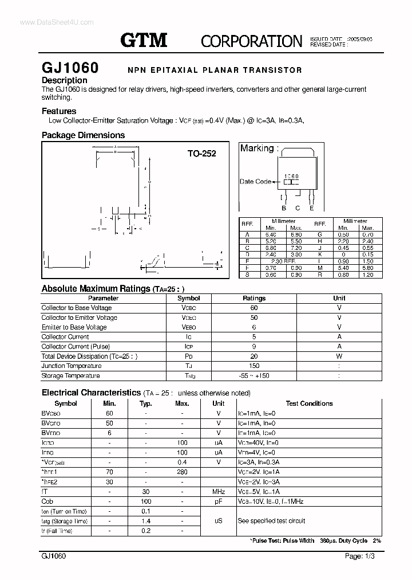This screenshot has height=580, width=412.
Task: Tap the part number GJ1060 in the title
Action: coord(70,68)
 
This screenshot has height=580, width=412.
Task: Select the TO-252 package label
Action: coord(201,154)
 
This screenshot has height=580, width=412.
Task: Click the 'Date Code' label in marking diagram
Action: coord(255,182)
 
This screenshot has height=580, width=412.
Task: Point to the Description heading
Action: coord(64,80)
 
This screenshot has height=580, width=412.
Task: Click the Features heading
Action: coord(58,111)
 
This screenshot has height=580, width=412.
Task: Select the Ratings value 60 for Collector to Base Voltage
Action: coord(254,308)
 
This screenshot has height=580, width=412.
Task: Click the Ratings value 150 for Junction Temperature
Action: coord(254,366)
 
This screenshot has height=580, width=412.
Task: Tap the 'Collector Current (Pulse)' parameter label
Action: coord(76,346)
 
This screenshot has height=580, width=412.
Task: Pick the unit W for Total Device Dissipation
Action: coord(339,356)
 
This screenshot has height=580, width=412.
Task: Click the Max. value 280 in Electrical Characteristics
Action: coord(182,472)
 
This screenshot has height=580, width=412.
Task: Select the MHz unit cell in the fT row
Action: coord(218,492)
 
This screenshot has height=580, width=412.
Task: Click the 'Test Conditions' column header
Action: coord(309,403)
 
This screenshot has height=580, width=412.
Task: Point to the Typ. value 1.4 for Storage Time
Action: coord(145,521)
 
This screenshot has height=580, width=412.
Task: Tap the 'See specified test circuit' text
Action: coord(271,521)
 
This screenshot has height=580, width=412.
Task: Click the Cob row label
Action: coord(47,501)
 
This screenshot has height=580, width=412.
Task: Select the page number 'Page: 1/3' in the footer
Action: coord(361,556)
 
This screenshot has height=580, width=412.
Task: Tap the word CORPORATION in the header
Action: coord(251,41)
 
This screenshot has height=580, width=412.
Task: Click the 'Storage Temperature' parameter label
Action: coord(70,375)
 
